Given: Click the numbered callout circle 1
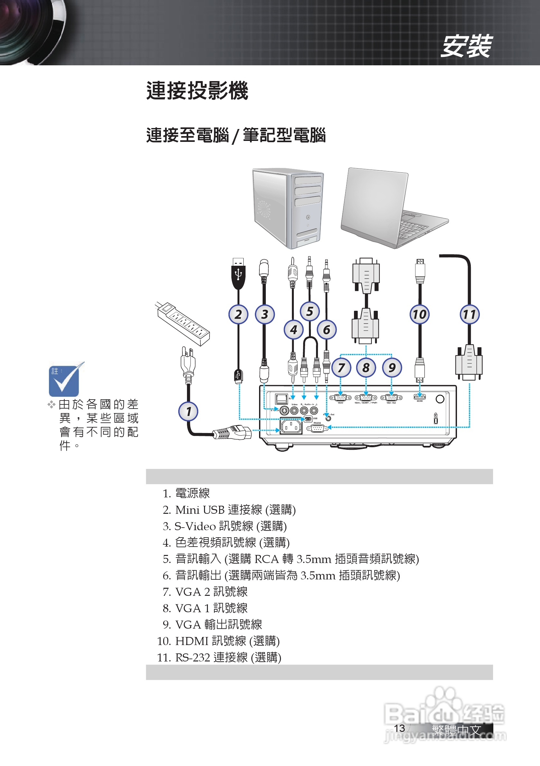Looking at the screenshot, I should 188,411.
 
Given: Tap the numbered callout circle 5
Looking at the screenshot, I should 309,311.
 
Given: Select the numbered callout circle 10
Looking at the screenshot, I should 419,314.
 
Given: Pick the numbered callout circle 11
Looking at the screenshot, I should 469,314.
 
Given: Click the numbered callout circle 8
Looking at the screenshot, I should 366,368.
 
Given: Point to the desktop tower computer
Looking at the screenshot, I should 287,208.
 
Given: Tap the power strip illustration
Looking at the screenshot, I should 183,323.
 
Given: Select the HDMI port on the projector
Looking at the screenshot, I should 420,397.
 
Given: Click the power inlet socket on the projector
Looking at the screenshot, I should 291,426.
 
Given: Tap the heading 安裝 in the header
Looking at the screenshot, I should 466,46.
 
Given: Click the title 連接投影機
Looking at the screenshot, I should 197,91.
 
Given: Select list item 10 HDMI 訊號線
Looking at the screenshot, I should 218,641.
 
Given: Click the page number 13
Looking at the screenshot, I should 399,728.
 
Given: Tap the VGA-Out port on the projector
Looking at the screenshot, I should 391,397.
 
